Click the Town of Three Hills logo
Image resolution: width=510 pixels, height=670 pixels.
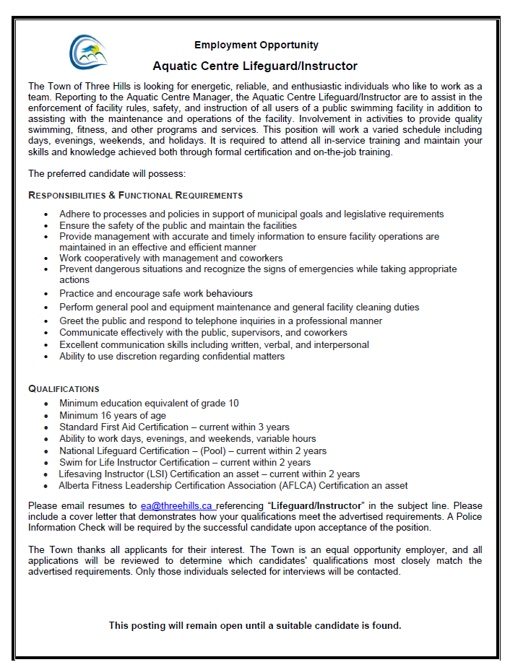tap(88, 51)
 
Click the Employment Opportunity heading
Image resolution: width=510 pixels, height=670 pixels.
tap(256, 45)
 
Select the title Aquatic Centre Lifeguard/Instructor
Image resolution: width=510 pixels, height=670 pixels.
tap(255, 66)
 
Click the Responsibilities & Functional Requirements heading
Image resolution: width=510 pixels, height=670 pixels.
tap(135, 196)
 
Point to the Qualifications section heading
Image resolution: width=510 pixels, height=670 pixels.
tap(64, 389)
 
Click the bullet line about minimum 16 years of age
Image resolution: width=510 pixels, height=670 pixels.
tap(113, 415)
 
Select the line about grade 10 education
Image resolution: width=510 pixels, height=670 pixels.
tap(149, 403)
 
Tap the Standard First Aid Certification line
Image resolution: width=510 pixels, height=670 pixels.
tap(174, 427)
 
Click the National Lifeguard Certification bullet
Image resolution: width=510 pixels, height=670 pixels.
tap(193, 451)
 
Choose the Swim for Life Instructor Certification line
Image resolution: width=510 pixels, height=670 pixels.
tap(185, 462)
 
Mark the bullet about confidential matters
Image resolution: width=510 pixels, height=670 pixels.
tap(172, 356)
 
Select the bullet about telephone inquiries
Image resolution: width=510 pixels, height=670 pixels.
tap(221, 321)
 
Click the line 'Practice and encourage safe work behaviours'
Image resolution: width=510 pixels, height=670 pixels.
tap(156, 293)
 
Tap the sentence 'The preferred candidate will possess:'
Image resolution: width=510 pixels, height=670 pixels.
tap(107, 173)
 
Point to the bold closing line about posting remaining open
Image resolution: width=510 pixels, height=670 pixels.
tap(255, 625)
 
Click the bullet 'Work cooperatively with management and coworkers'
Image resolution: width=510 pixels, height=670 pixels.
tap(171, 258)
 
